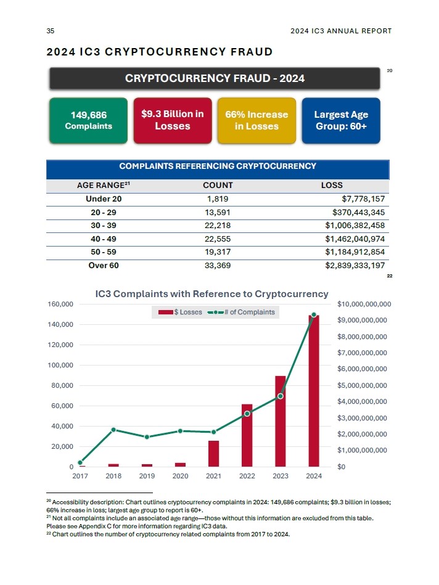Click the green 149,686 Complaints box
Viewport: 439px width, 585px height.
[88, 120]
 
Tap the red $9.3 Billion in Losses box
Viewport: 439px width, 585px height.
[173, 120]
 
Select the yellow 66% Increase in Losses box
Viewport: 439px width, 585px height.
[256, 120]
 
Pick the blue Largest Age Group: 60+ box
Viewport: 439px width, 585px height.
[341, 120]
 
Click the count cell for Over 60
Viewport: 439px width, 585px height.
[218, 266]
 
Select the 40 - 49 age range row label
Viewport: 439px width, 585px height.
[103, 239]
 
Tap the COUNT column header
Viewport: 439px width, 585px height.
[218, 185]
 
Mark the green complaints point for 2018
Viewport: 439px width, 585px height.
[113, 430]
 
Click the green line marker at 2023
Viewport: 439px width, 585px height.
[281, 396]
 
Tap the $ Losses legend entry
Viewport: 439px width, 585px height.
[181, 312]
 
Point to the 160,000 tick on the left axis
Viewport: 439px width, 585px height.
[60, 305]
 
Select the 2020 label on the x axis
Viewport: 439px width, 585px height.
[180, 476]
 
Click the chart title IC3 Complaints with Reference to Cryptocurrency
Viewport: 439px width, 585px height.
[211, 294]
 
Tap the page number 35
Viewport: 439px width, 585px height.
[51, 31]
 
